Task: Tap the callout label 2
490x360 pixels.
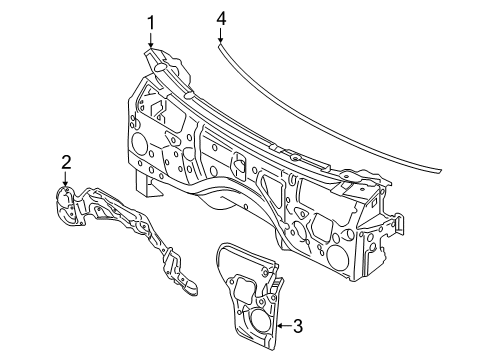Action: [66, 161]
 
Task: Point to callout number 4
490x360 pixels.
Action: [221, 18]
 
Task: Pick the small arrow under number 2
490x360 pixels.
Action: [66, 179]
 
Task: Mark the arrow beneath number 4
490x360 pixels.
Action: [221, 37]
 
